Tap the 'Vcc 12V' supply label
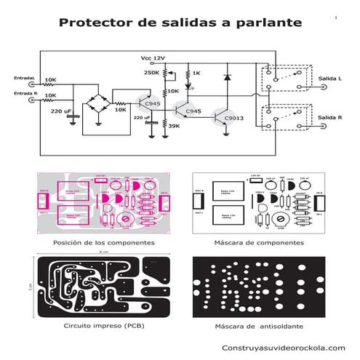[153, 57]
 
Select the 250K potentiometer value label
[151, 73]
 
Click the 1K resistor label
[196, 73]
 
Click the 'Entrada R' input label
[25, 94]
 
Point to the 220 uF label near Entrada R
[60, 111]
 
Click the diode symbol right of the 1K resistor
[228, 76]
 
